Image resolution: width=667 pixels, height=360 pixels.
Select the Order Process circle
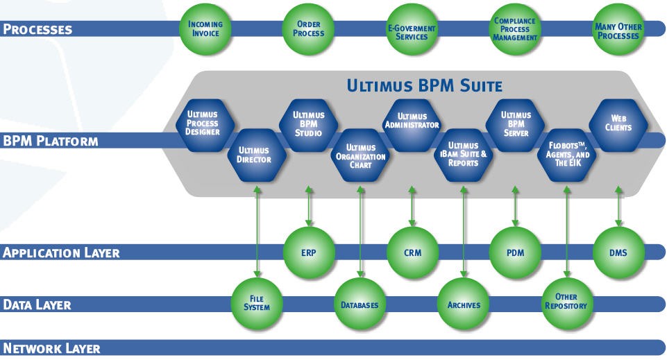point(308,29)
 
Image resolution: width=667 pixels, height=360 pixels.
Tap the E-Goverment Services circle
point(412,31)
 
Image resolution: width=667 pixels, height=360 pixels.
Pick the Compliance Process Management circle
point(515,29)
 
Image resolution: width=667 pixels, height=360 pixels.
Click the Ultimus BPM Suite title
point(424,86)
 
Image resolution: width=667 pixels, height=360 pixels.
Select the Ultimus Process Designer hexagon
point(203,123)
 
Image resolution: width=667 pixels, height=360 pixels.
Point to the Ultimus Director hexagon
point(257,154)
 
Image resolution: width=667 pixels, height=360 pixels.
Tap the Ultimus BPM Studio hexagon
point(308,123)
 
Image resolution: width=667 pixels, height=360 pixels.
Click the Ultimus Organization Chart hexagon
point(360,156)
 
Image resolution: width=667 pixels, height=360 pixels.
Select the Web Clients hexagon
point(618,123)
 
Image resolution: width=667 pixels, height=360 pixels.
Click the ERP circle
point(309,252)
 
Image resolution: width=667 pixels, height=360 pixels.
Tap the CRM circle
point(412,252)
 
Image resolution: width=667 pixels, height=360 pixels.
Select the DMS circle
point(618,252)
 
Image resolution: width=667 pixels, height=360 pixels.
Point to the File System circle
point(257,303)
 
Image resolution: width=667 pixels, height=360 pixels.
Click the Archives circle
point(463,305)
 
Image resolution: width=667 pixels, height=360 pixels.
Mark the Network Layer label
point(52,348)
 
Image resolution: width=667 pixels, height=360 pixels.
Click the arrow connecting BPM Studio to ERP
point(309,206)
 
